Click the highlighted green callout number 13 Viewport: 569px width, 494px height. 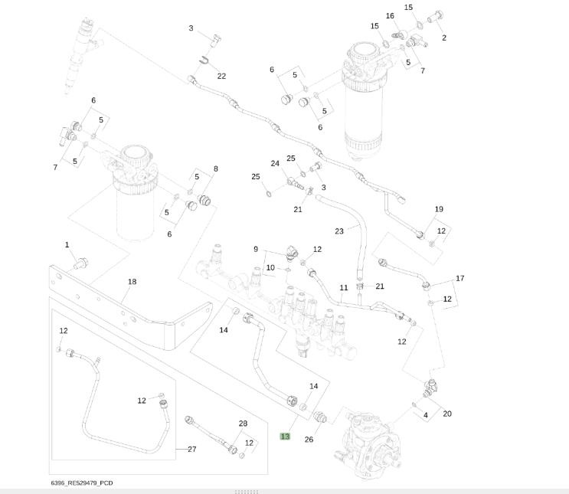285,436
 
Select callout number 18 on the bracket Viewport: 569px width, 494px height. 132,282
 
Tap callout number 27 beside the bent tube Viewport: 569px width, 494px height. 192,450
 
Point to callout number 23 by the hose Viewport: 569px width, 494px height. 339,231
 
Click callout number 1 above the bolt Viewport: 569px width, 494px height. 67,245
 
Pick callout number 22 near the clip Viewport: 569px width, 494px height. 221,76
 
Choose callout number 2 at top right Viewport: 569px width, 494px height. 444,38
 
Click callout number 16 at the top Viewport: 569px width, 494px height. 390,16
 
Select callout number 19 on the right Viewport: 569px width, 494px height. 439,209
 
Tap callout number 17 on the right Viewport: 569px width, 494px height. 459,278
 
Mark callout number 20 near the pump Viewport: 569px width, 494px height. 447,414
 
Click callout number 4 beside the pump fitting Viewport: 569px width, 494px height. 426,415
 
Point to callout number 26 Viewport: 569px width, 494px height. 309,439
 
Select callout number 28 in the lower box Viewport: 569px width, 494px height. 243,424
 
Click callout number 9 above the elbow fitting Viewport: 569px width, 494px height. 257,249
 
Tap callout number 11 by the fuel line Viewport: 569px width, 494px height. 344,288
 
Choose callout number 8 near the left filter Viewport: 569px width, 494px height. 215,168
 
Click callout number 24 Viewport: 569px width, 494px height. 275,163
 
